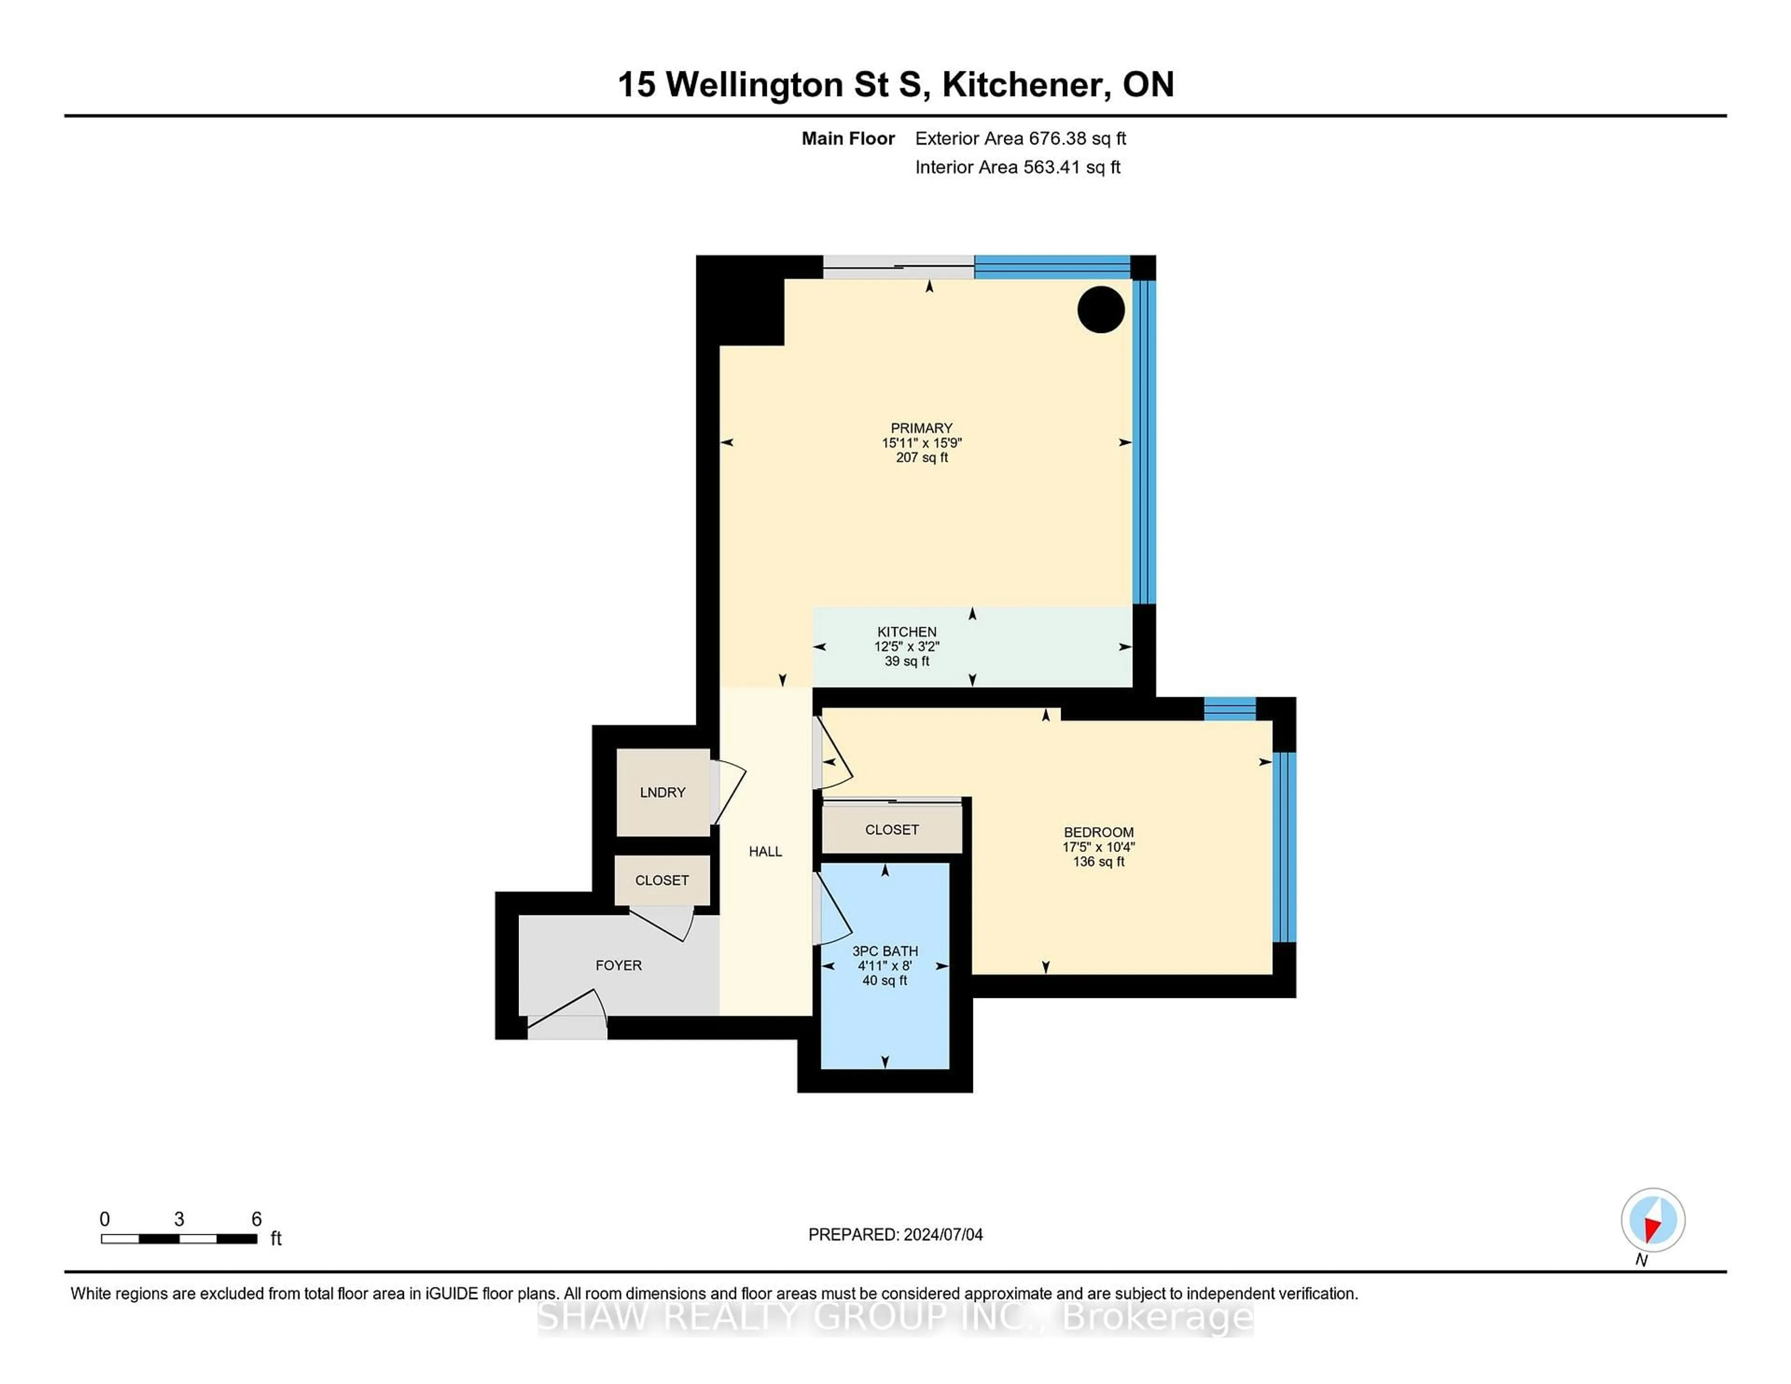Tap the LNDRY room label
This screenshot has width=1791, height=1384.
tap(662, 792)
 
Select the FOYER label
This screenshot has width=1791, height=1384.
tap(618, 965)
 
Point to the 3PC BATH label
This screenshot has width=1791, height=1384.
tap(885, 951)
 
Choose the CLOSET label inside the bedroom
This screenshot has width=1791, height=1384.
tap(891, 830)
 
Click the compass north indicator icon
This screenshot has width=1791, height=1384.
tap(1652, 1220)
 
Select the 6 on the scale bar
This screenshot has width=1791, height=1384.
tap(256, 1219)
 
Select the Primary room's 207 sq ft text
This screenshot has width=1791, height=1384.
tap(921, 457)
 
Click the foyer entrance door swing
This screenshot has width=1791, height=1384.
tap(570, 1010)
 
